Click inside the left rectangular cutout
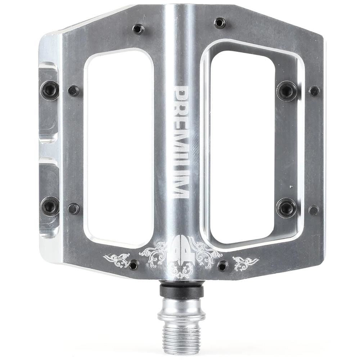coord(119,144)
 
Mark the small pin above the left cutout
coord(139,29)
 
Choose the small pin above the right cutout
coord(220,23)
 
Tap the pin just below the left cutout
coord(134,265)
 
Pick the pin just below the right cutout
coord(223,266)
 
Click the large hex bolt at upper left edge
coord(50,90)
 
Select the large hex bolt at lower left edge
coord(50,206)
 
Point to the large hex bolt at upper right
coord(287,91)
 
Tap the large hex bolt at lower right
coord(287,208)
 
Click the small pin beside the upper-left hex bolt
coord(73,91)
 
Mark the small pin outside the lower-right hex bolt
coord(314,210)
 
